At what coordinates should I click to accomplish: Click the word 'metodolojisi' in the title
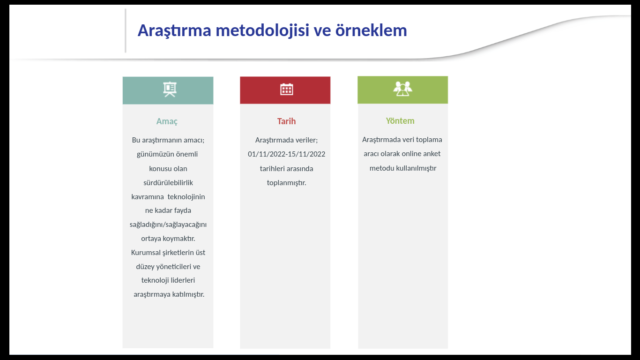click(x=262, y=30)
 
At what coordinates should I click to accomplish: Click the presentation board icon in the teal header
click(x=170, y=90)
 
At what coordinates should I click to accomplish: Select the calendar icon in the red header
click(x=286, y=90)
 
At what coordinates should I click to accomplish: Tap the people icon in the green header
click(x=402, y=89)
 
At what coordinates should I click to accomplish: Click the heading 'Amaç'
click(x=167, y=121)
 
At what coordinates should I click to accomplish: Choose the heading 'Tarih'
click(x=286, y=121)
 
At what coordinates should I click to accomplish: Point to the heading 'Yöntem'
click(x=400, y=120)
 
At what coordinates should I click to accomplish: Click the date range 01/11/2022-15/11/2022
click(x=286, y=154)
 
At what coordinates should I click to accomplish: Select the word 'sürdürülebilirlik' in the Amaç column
click(x=168, y=182)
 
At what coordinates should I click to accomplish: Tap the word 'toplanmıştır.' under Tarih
click(x=286, y=183)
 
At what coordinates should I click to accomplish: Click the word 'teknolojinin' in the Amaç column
click(x=186, y=197)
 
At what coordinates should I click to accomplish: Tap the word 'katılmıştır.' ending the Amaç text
click(x=188, y=294)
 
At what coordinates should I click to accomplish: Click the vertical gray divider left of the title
click(x=126, y=30)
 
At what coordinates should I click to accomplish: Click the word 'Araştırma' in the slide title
click(x=174, y=31)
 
